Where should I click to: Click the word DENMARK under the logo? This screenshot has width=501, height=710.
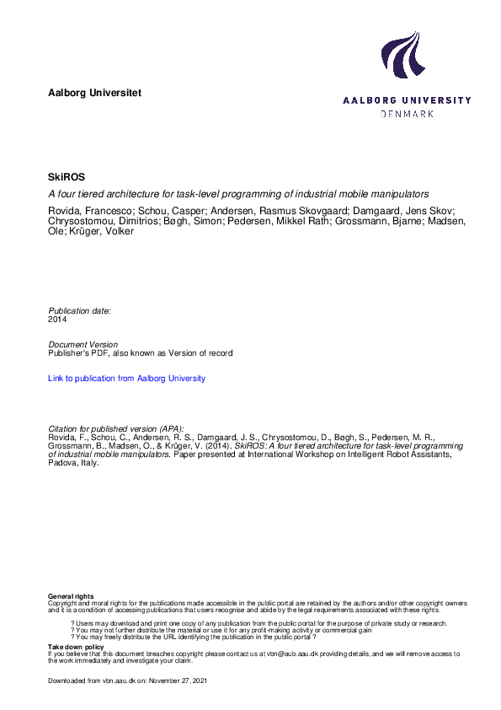(x=408, y=113)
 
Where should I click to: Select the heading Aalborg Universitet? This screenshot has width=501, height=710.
(x=94, y=92)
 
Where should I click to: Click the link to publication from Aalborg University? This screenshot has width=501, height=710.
(x=126, y=379)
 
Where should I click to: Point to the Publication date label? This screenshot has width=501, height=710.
(x=79, y=311)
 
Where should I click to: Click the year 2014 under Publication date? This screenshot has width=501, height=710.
(x=57, y=320)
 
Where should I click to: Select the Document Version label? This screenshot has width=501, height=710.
(x=83, y=345)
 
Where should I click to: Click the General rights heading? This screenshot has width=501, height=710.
(x=71, y=596)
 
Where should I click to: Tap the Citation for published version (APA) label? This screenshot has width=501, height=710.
(x=115, y=429)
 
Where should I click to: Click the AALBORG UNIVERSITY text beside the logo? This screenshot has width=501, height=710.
(x=407, y=100)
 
